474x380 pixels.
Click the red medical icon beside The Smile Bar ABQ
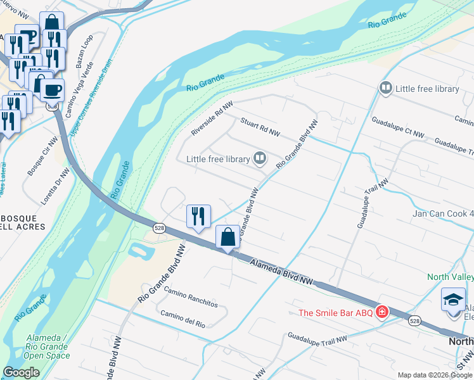[382, 312]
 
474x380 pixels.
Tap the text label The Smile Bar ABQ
[336, 312]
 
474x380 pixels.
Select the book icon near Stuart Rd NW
[260, 158]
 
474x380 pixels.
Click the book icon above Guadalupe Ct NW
[385, 88]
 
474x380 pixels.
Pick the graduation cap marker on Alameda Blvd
[453, 300]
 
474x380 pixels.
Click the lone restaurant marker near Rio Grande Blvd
[198, 217]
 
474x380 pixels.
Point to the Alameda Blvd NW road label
[281, 272]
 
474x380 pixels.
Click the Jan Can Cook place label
[443, 213]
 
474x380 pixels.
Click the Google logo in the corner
[21, 372]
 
